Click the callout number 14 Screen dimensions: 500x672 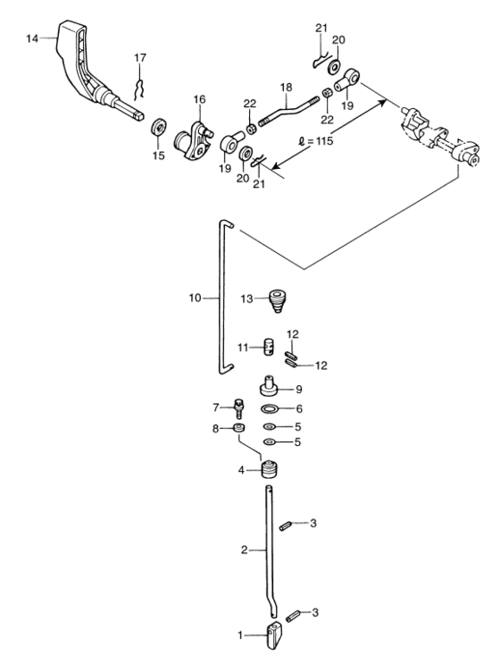coord(32,38)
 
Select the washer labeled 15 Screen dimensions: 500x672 coord(159,127)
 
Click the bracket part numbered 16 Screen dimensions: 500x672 coord(193,141)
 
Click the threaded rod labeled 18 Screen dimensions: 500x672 coord(289,111)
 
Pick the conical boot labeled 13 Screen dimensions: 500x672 coord(278,301)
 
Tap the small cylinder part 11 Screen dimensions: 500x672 coord(269,347)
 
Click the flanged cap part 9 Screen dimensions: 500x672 coord(269,385)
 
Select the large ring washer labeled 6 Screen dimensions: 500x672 coord(270,408)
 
